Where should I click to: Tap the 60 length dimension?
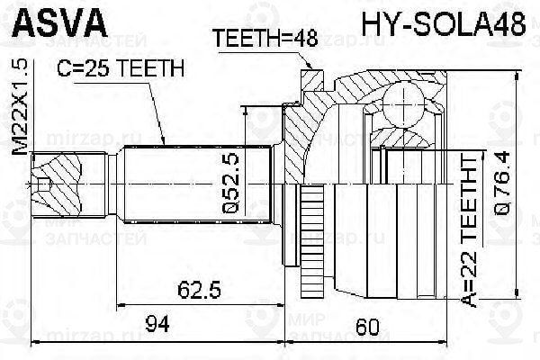(x=364, y=325)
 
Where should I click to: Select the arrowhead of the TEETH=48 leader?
(x=310, y=67)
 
